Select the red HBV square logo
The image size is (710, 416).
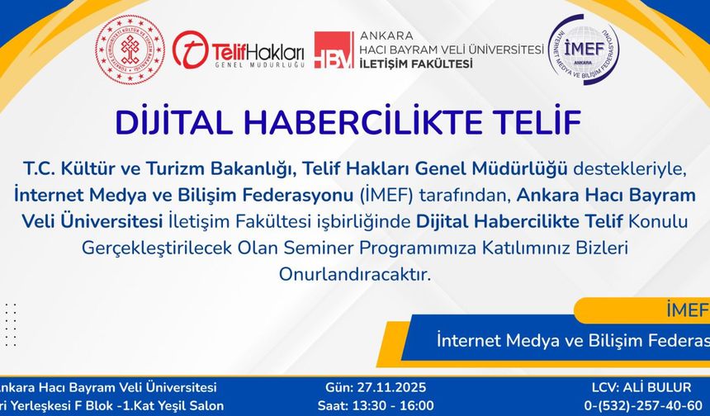[x=334, y=50]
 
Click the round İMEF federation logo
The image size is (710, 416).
[x=584, y=50]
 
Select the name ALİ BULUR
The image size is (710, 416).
[x=658, y=387]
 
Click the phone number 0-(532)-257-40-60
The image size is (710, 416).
[x=646, y=405]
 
